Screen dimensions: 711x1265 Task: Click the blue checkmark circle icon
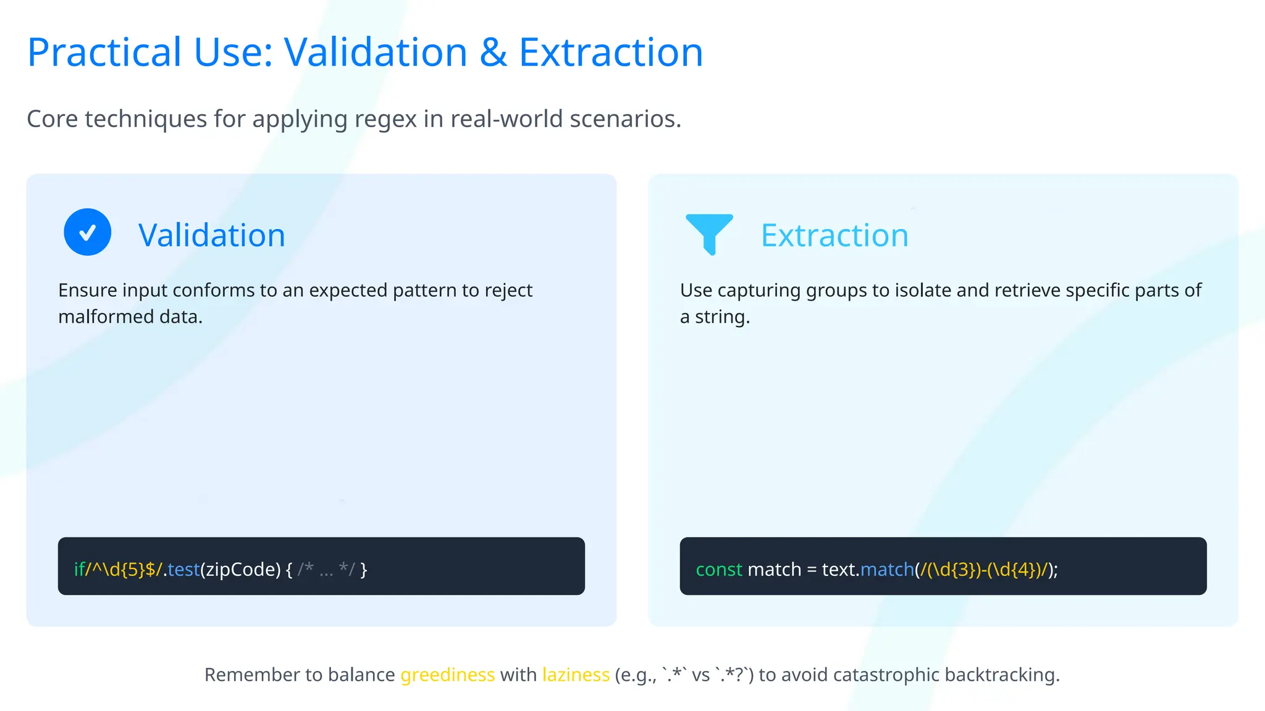88,232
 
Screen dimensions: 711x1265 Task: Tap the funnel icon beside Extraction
709,233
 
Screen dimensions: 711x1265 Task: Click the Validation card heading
212,235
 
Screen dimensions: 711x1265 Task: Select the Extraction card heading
834,235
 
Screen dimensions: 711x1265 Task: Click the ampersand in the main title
493,52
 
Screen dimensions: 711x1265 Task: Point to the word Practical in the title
104,52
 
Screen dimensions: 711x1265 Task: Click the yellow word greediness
447,675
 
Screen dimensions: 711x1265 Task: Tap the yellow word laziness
576,675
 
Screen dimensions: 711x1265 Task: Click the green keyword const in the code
718,569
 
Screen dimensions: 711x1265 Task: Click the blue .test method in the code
182,569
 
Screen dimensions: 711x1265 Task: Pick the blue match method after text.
887,569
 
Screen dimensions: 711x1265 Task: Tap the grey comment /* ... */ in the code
326,569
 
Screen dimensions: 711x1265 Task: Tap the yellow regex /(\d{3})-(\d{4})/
983,569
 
